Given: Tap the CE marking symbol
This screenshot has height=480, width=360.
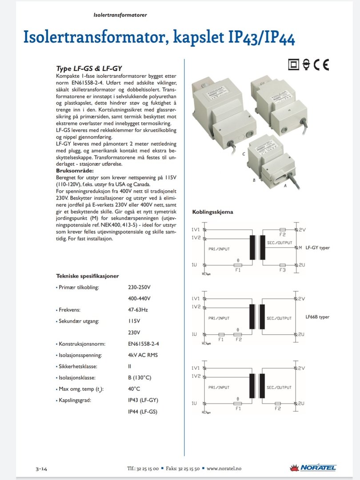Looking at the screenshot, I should tap(321, 65).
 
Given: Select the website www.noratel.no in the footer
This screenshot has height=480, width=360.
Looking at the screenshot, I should tap(224, 468).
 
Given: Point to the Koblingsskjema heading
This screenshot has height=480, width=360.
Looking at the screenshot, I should tap(212, 212).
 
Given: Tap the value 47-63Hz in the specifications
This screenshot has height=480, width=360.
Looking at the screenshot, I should tap(138, 310).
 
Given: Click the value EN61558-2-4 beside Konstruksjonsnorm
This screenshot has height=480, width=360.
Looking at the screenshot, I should tap(143, 344).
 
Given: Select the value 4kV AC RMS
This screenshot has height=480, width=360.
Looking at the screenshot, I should tap(143, 355).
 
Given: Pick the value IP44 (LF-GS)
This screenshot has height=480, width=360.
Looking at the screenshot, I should tap(142, 412).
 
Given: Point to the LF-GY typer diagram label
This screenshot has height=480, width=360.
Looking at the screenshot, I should tap(318, 248).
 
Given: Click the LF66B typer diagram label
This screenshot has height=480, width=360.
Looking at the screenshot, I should tap(317, 317).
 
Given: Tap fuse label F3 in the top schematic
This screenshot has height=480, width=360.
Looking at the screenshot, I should tap(282, 270).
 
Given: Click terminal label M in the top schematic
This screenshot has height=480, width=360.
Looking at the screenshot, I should tap(300, 248).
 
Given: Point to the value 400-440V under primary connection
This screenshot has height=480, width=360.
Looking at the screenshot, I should tap(139, 298).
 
